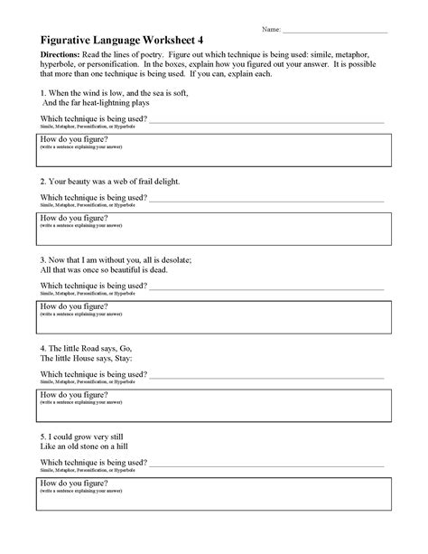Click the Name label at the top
click(272, 30)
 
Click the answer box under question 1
click(213, 149)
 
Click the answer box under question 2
click(213, 227)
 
